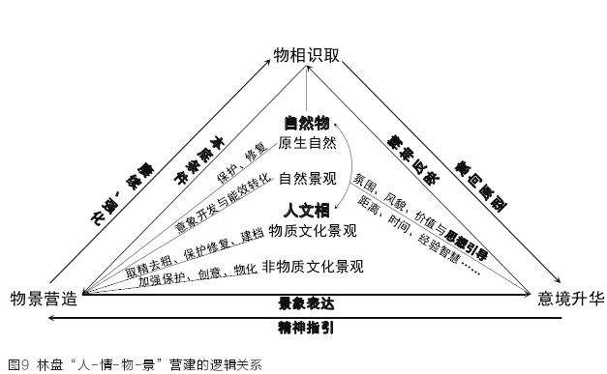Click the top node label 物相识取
point(306,56)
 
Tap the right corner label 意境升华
point(570,298)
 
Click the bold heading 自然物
point(307,123)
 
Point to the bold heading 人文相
point(307,209)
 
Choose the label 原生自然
point(308,143)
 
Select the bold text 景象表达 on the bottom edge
point(307,303)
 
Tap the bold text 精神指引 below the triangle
point(307,327)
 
